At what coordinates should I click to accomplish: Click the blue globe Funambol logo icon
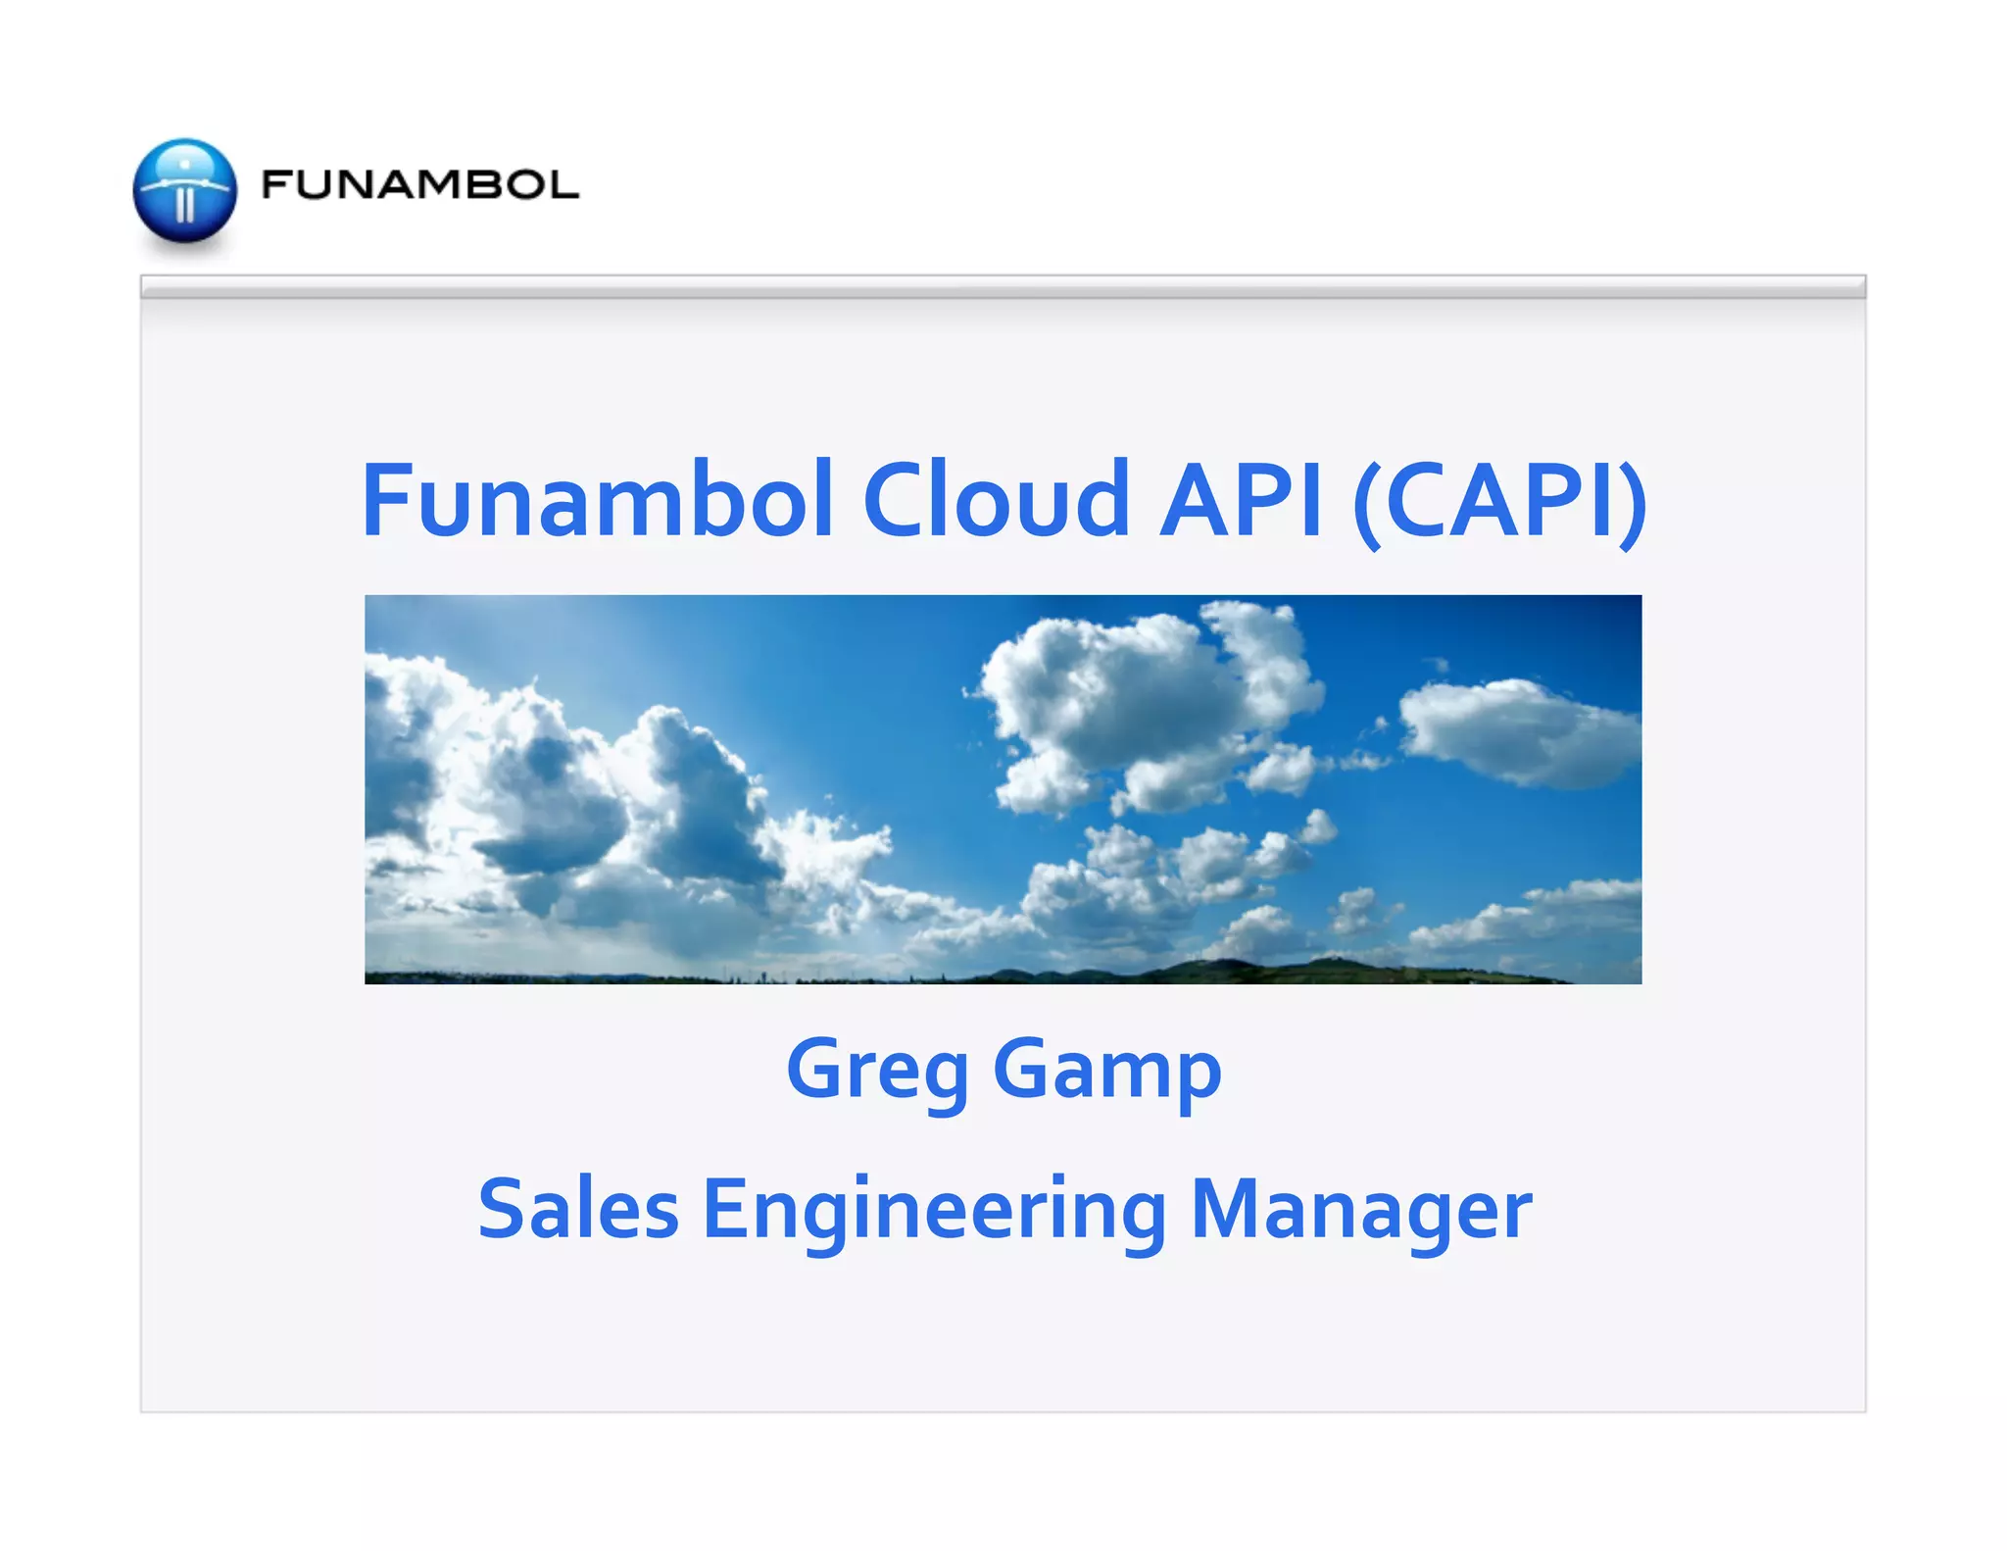click(185, 191)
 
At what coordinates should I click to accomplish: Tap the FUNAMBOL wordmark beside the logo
click(419, 185)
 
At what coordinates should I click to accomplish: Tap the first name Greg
click(877, 1072)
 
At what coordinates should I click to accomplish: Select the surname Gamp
click(1107, 1072)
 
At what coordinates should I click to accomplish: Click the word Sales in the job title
click(578, 1210)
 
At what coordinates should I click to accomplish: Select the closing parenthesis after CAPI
click(1632, 502)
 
